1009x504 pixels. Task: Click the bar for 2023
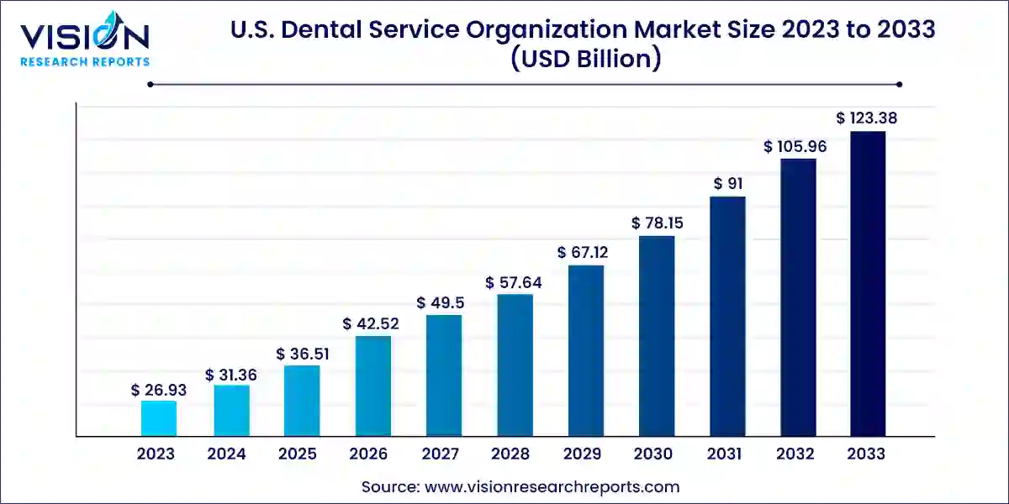[159, 418]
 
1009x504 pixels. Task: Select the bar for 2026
[372, 386]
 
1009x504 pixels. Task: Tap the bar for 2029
[586, 350]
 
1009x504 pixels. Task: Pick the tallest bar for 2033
[868, 284]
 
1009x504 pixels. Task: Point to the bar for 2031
[727, 316]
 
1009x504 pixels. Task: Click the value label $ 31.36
[230, 375]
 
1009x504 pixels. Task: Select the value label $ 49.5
[443, 302]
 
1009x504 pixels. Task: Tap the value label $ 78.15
[657, 223]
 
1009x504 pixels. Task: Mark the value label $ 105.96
[795, 146]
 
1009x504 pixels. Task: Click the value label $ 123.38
[866, 118]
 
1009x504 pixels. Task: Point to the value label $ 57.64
[514, 282]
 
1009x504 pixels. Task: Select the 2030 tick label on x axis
[652, 454]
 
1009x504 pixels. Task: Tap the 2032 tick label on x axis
[795, 454]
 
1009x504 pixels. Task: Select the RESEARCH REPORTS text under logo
[84, 61]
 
